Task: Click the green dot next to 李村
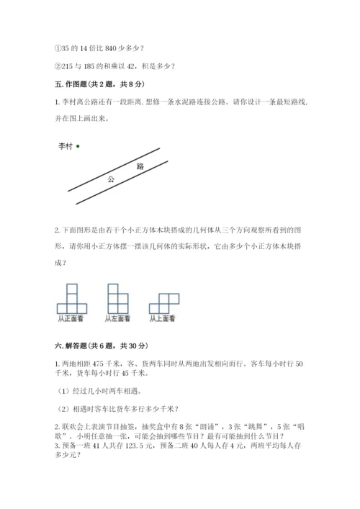point(78,145)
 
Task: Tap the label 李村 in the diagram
point(66,145)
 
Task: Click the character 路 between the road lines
point(140,166)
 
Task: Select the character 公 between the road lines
point(111,180)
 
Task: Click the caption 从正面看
point(71,317)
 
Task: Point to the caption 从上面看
point(163,317)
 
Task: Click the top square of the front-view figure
point(71,289)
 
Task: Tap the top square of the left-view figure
point(112,289)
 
